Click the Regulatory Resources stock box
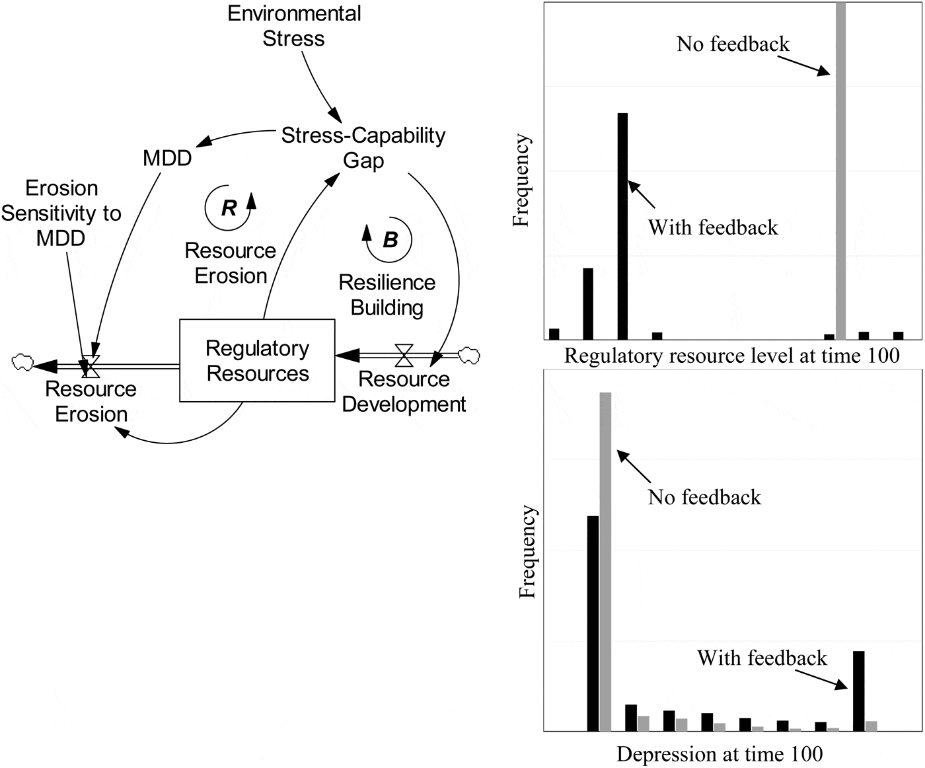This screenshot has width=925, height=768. [257, 361]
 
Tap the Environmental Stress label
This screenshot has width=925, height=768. [294, 26]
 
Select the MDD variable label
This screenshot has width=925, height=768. [167, 158]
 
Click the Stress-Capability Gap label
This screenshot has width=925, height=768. [363, 147]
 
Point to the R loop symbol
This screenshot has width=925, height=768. [229, 208]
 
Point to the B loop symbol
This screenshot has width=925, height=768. [390, 239]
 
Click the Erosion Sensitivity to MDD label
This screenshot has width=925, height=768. [61, 213]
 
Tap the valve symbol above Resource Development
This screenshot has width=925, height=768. [404, 355]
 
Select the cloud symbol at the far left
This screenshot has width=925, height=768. [22, 362]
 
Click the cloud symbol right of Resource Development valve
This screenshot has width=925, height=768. [469, 355]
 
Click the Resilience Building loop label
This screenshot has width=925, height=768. [387, 295]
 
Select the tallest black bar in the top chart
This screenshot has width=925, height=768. [622, 226]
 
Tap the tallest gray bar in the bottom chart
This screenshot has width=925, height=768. [605, 562]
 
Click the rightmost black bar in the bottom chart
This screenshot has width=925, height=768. [859, 691]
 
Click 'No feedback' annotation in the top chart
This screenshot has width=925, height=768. [733, 44]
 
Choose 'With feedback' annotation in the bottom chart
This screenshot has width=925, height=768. [762, 658]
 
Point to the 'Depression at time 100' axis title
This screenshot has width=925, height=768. [720, 754]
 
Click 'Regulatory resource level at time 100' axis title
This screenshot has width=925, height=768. [731, 356]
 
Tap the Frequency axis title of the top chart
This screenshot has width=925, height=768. [522, 180]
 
